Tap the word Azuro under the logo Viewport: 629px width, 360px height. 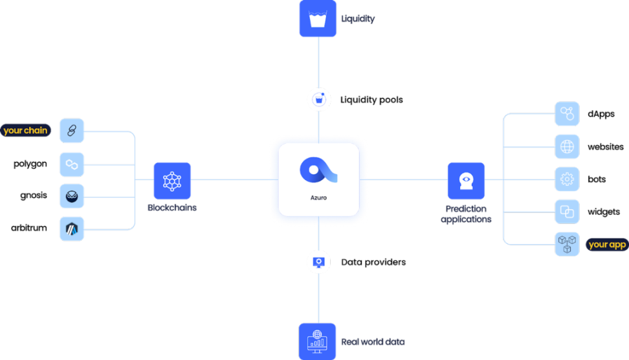pyautogui.click(x=318, y=198)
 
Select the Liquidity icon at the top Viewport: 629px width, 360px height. pyautogui.click(x=318, y=19)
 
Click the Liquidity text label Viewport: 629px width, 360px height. pyautogui.click(x=357, y=19)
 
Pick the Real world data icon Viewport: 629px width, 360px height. pyautogui.click(x=318, y=341)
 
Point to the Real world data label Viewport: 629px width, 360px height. pyautogui.click(x=373, y=341)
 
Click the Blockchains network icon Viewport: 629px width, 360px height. pyautogui.click(x=172, y=180)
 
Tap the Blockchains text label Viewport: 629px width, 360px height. pyautogui.click(x=172, y=208)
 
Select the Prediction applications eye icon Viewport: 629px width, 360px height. pyautogui.click(x=466, y=180)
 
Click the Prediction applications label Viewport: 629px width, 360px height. pyautogui.click(x=466, y=214)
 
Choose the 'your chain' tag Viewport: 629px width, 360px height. pyautogui.click(x=25, y=130)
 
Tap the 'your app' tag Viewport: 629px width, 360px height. pyautogui.click(x=607, y=244)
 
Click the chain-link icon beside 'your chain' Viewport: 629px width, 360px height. pyautogui.click(x=72, y=131)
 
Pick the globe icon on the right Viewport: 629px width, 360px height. pyautogui.click(x=567, y=146)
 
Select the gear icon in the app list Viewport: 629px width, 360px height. pyautogui.click(x=567, y=179)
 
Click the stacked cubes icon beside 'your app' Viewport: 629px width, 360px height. pyautogui.click(x=567, y=244)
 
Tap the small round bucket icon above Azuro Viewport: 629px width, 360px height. pyautogui.click(x=318, y=100)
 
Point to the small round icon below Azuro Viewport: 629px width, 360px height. pyautogui.click(x=318, y=262)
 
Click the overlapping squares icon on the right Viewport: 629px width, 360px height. pyautogui.click(x=567, y=212)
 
